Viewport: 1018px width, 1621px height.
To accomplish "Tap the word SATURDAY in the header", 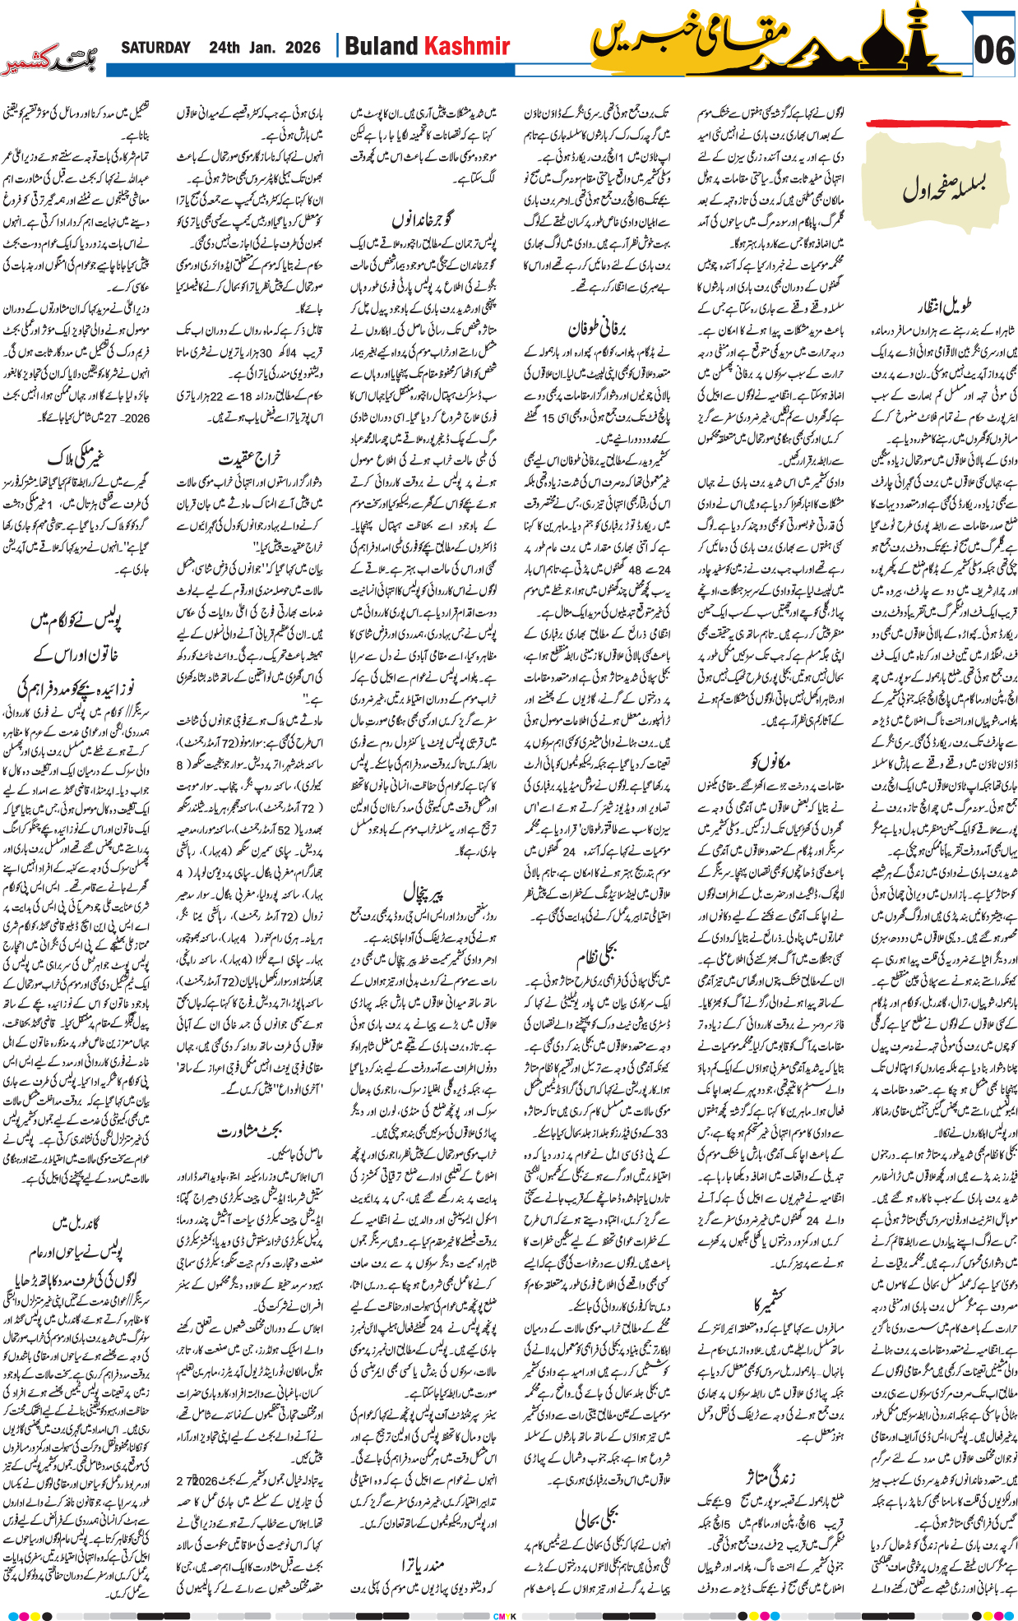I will click(155, 48).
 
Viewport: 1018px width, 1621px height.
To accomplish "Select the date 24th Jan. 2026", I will click(264, 48).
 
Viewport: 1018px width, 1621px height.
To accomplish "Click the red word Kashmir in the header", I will click(466, 46).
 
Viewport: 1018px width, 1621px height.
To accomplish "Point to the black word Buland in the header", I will click(380, 46).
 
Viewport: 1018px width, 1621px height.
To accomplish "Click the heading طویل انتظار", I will click(946, 307).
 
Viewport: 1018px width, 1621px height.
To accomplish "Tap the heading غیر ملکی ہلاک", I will click(76, 457).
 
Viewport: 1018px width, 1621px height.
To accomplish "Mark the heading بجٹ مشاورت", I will click(250, 1131).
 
